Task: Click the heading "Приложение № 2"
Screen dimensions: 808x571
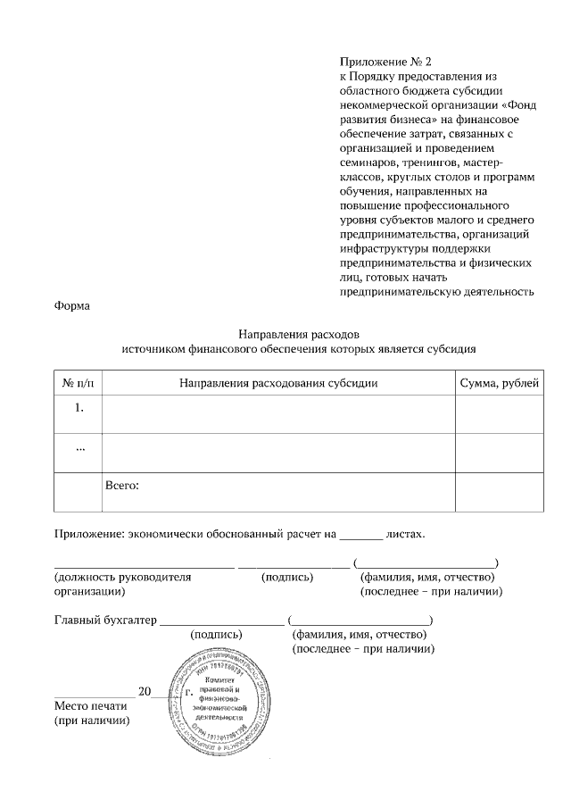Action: [x=385, y=62]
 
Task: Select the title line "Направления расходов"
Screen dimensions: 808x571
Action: [x=299, y=334]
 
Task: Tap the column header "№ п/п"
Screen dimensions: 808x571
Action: [x=79, y=383]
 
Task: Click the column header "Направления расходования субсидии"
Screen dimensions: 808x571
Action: [x=278, y=383]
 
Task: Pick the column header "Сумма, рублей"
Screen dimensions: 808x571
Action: [x=499, y=383]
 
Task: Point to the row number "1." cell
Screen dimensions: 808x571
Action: [x=79, y=408]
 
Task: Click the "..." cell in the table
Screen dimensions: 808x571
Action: [x=79, y=447]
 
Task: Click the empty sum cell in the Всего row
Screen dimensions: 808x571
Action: [x=499, y=492]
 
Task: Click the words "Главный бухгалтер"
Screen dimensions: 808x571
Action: [x=101, y=619]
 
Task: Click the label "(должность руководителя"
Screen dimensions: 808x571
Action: [x=123, y=577]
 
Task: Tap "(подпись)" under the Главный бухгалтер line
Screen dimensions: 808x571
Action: [x=217, y=634]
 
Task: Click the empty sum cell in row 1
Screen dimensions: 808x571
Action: [x=499, y=413]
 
